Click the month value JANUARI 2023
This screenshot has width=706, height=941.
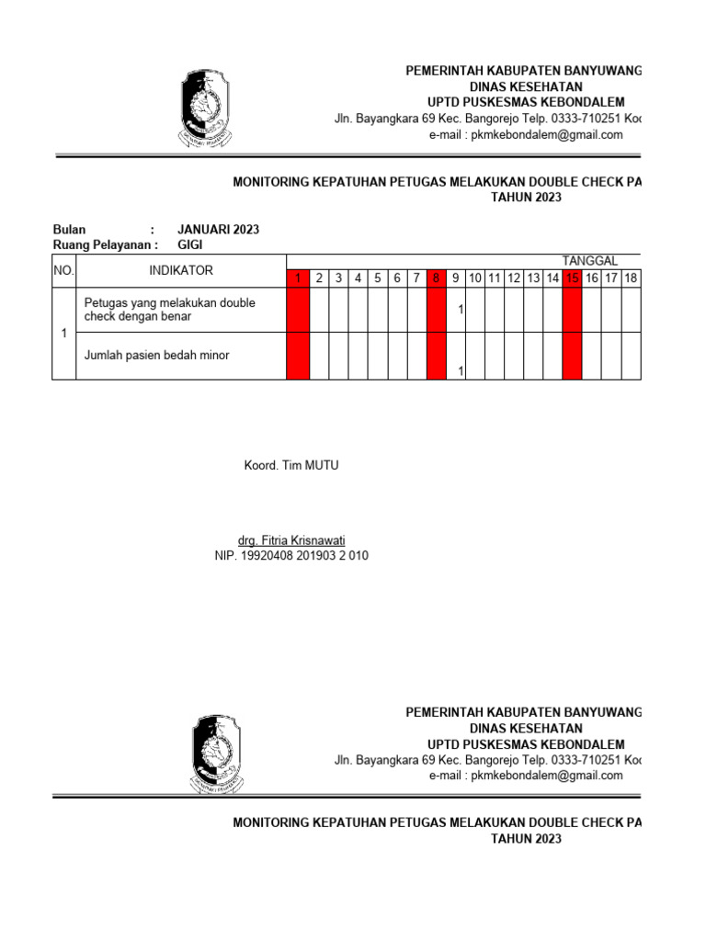[218, 230]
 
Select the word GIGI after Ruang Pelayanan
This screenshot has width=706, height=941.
[189, 245]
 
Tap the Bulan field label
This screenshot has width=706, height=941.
[69, 230]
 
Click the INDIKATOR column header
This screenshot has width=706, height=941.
[181, 270]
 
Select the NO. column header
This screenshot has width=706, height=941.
[63, 270]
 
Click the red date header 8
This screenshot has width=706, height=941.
[437, 278]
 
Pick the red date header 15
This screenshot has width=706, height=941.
[573, 278]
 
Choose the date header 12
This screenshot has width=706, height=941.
[514, 278]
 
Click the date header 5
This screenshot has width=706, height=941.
[377, 278]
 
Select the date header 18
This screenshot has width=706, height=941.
[631, 278]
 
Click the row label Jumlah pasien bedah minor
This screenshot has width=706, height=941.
[156, 356]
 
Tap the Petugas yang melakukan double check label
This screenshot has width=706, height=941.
[169, 310]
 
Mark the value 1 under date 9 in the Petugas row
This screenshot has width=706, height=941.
[460, 311]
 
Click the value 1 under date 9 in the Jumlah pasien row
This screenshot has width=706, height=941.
[460, 371]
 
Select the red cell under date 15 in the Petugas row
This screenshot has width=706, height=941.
[573, 311]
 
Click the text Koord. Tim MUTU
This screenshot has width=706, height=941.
[291, 466]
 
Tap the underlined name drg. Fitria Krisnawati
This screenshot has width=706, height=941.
[291, 540]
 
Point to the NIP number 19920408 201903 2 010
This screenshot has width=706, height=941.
[291, 556]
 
